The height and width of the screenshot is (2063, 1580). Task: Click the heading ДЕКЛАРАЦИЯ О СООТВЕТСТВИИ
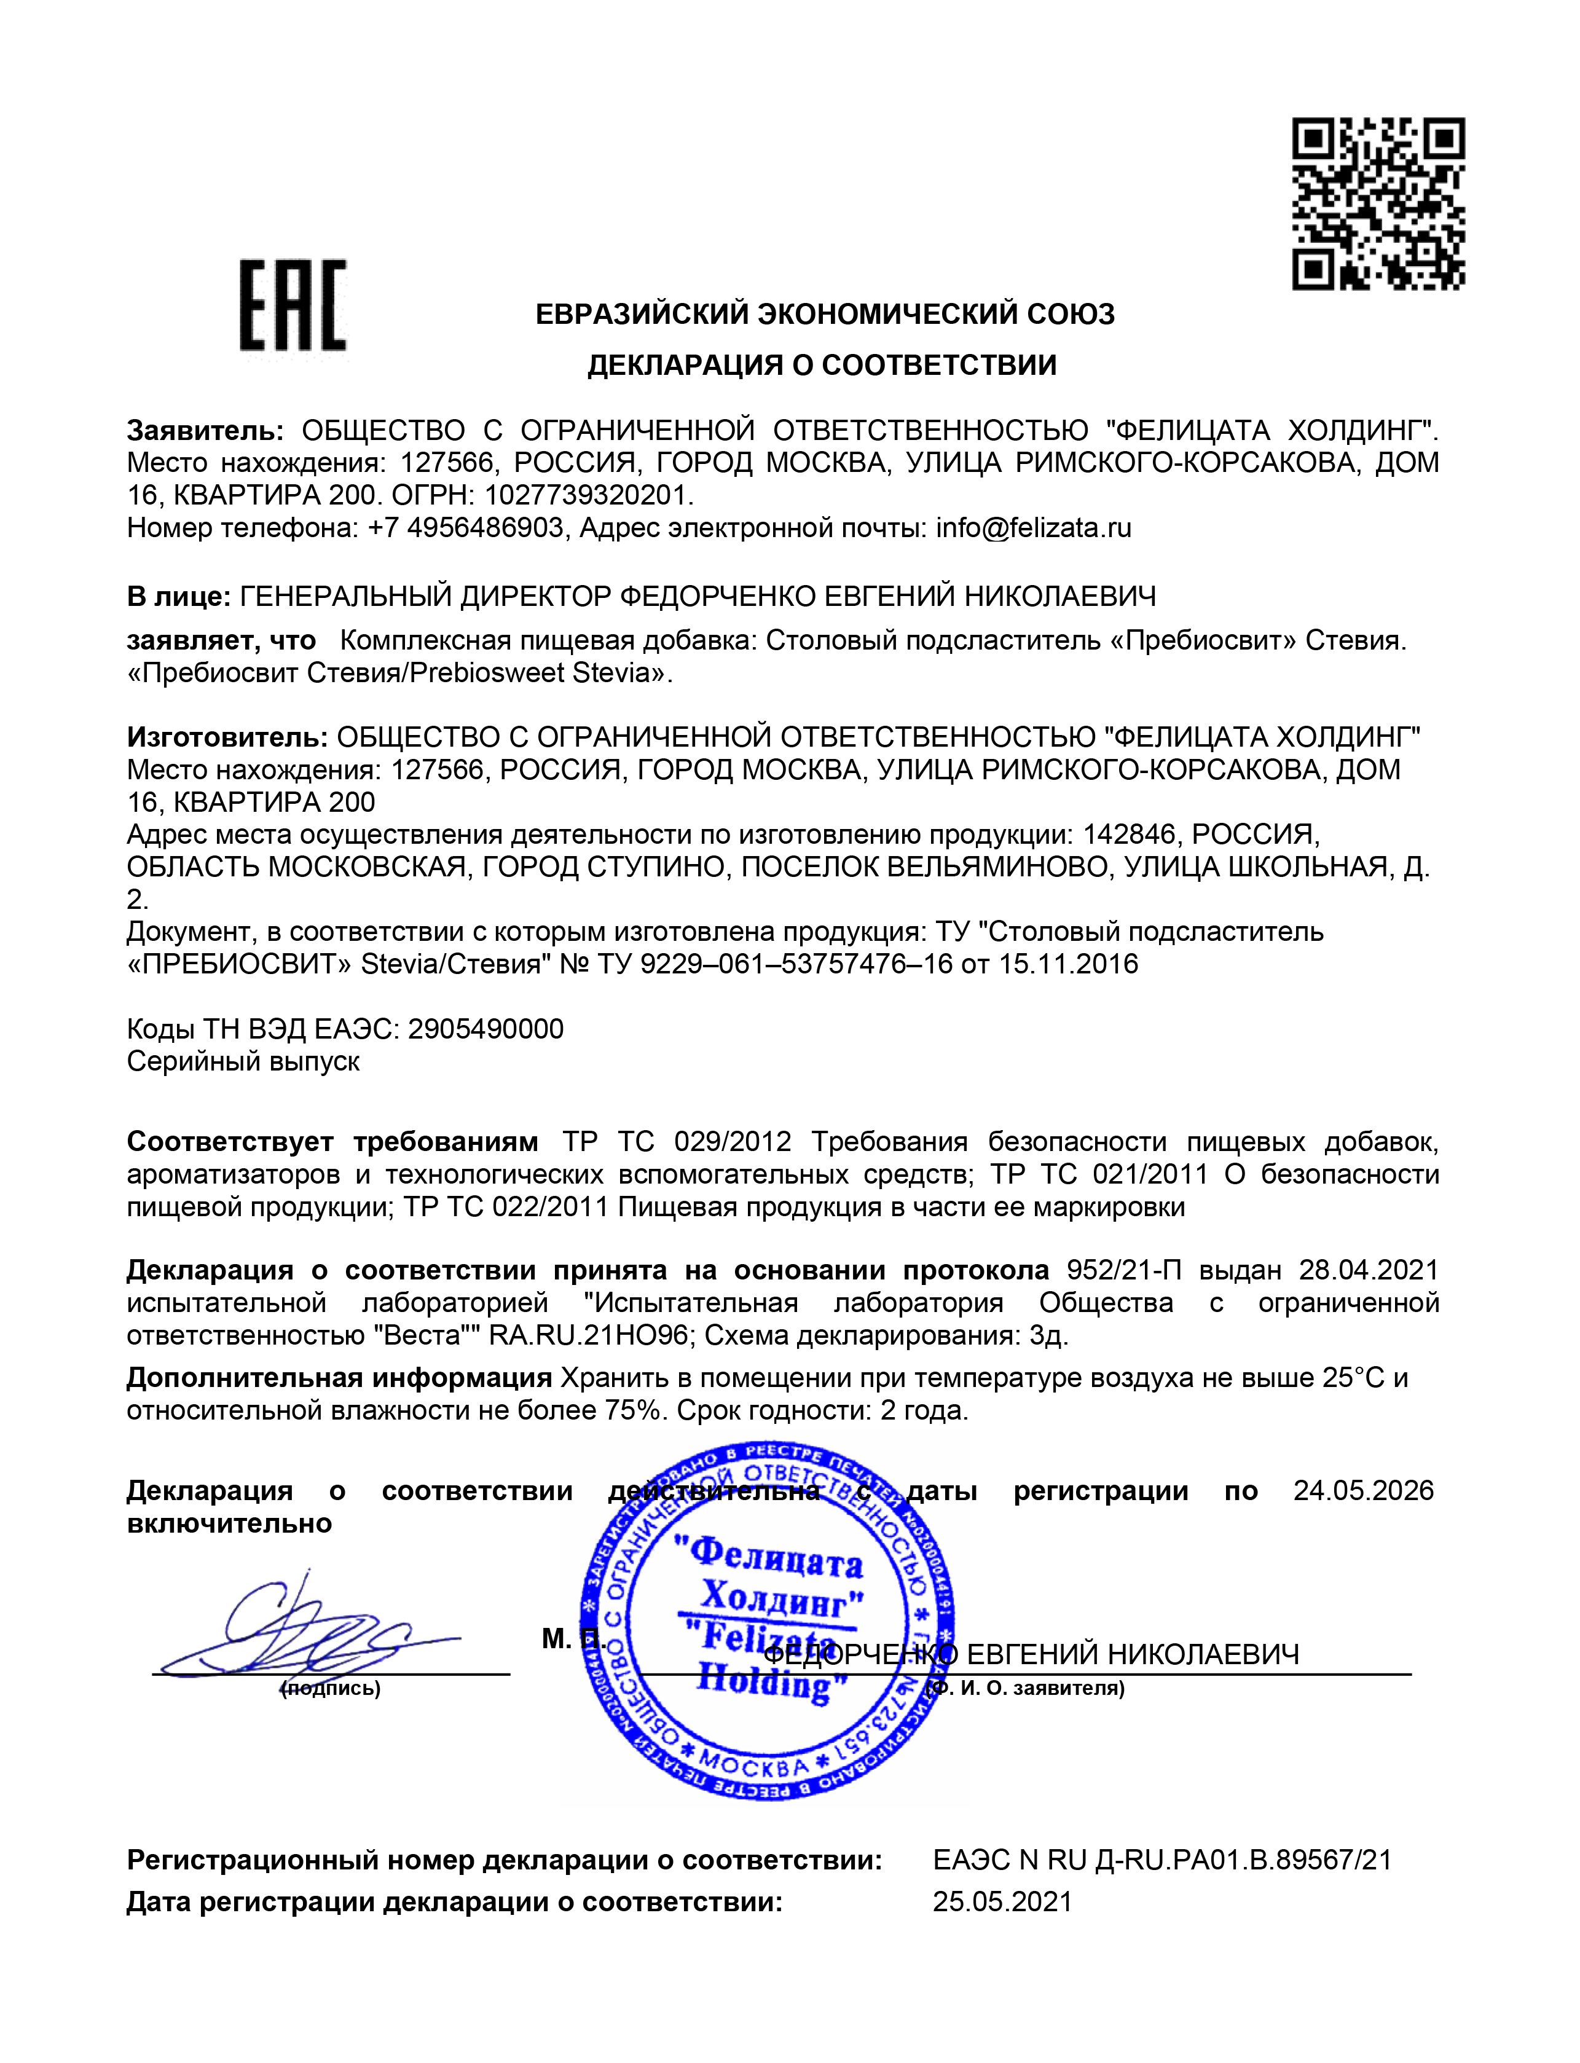[822, 365]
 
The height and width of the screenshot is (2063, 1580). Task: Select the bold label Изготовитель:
[227, 736]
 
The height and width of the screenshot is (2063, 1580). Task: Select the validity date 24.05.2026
[1362, 1490]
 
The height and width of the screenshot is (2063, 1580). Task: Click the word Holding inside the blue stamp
[764, 1682]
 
